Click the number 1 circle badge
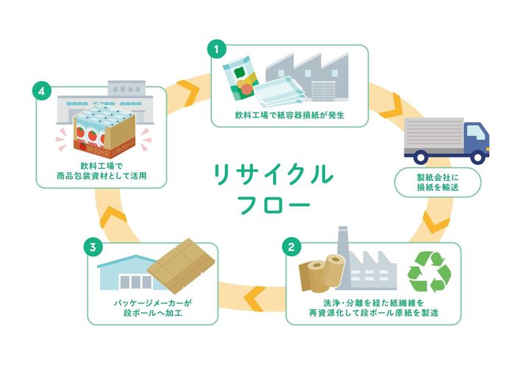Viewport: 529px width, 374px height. coord(216,49)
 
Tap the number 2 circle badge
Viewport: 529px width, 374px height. coord(291,247)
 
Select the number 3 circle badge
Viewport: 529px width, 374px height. coord(93,247)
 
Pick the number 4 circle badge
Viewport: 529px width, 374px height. coord(42,91)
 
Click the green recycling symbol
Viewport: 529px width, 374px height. coord(430,272)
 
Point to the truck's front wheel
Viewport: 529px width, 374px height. coord(477,158)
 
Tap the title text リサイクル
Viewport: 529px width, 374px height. coord(274,174)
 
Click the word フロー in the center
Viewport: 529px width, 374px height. coord(274,205)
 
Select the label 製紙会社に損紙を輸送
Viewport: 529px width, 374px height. coord(438,183)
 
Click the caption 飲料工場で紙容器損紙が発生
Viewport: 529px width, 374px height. coord(289,115)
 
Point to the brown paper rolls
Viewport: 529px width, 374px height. coord(321,272)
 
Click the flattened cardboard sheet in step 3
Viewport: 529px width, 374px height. coord(182,266)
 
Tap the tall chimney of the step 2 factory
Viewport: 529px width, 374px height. coord(343,257)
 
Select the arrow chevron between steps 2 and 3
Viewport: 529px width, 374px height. coord(254,298)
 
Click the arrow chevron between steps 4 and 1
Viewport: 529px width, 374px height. coord(188,91)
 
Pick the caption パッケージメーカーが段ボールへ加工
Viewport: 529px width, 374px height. coord(153,308)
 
